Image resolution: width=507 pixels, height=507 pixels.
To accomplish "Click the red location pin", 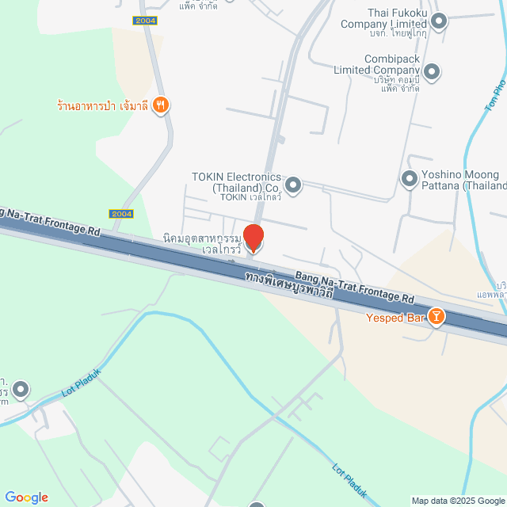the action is (253, 238).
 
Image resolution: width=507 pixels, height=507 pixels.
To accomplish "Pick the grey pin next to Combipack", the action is (432, 72).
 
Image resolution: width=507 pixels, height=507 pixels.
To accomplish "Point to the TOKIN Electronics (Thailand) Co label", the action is (236, 181).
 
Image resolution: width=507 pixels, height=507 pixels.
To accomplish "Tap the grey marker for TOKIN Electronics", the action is (293, 185).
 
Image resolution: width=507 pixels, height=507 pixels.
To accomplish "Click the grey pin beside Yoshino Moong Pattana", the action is (409, 180).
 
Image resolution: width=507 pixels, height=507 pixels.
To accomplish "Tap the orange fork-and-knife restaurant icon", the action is (161, 104).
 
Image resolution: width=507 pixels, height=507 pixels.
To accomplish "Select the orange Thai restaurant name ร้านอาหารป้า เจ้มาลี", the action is (103, 105).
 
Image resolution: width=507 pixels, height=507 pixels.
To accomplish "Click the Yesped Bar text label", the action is (393, 318).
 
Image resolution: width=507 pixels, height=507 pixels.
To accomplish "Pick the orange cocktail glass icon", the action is (435, 318).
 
